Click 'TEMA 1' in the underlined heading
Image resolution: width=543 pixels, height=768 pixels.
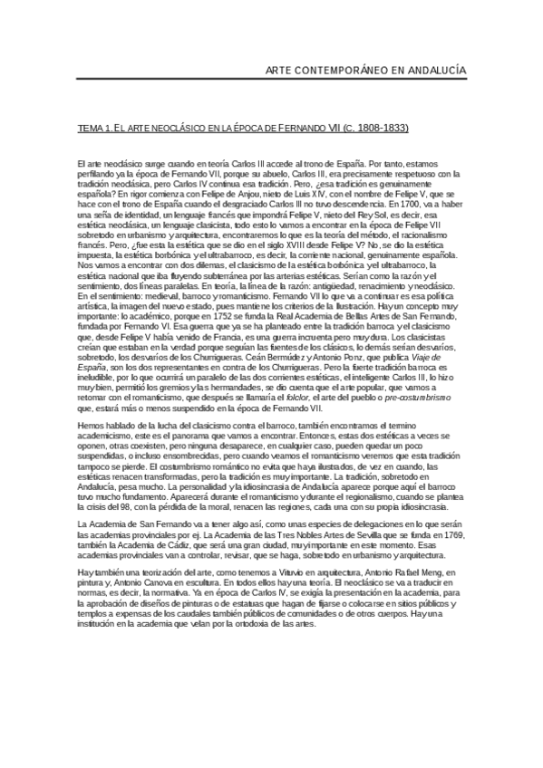coord(93,128)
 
